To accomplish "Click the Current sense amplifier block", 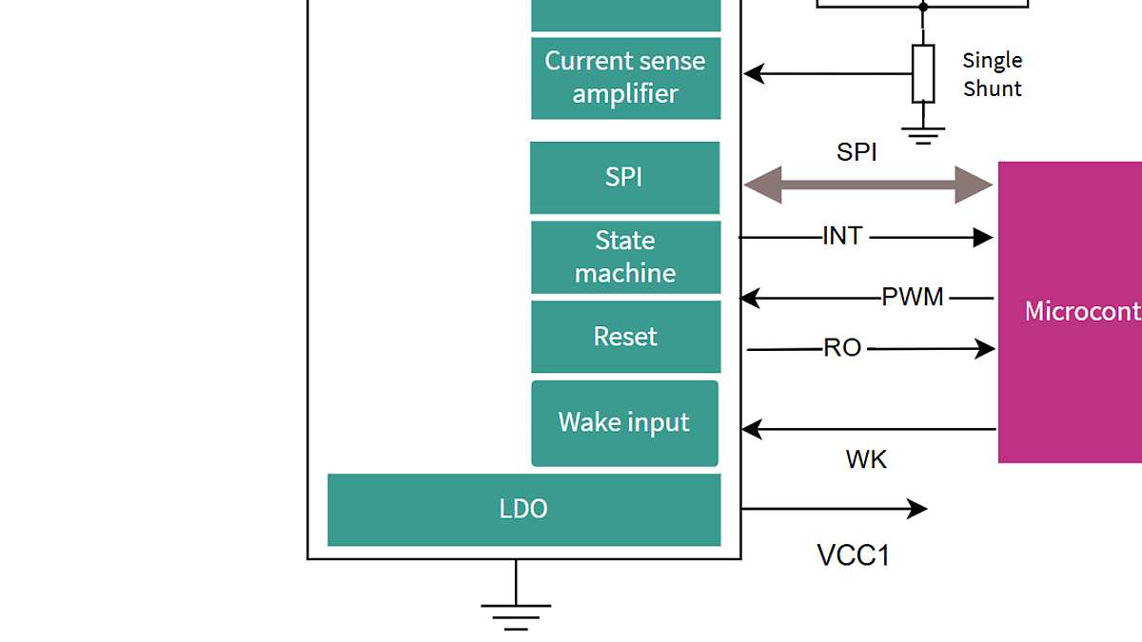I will click(625, 78).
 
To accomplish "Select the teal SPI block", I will click(624, 178).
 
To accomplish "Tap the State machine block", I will click(625, 257).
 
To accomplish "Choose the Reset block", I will click(625, 337).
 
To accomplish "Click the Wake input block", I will click(624, 423).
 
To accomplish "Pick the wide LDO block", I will click(523, 510).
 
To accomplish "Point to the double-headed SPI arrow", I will click(867, 185).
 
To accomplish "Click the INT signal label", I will click(842, 236).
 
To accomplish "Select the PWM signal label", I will click(913, 298).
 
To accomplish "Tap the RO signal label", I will click(842, 348).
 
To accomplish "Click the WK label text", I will click(866, 460).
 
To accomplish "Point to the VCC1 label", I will click(854, 555).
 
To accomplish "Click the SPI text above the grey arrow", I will click(856, 152).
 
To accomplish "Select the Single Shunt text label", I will click(992, 74).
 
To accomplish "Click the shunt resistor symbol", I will click(922, 73).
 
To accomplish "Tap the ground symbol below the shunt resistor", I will click(922, 134).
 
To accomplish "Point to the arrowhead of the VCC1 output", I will click(917, 509).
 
